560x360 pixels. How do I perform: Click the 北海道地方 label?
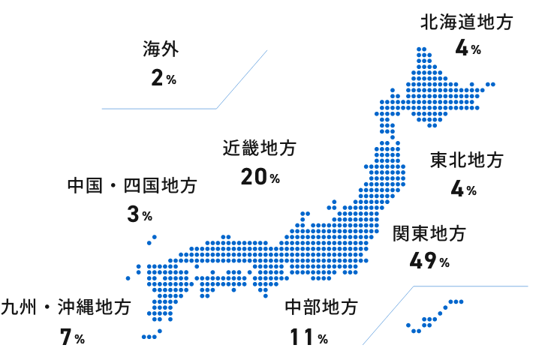click(467, 22)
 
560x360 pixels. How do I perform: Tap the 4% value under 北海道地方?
click(468, 49)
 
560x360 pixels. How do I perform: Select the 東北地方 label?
click(467, 160)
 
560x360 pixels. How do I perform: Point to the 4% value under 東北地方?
click(463, 189)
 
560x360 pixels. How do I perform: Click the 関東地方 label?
click(429, 234)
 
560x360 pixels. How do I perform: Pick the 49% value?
click(429, 261)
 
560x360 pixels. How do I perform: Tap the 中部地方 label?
click(321, 307)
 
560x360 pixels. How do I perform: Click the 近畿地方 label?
click(260, 148)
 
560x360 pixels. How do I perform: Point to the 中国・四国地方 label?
click(132, 186)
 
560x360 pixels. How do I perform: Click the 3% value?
click(140, 215)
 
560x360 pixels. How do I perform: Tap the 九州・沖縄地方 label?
click(66, 307)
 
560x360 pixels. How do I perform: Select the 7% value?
click(72, 337)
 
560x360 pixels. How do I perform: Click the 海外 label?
click(160, 50)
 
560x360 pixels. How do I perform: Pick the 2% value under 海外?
click(163, 78)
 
